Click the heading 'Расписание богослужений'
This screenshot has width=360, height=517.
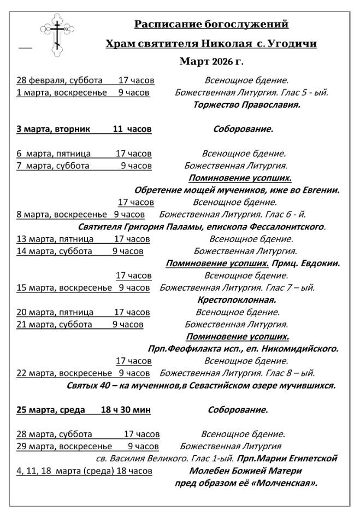[x=211, y=24]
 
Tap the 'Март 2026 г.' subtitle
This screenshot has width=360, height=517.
[x=211, y=61]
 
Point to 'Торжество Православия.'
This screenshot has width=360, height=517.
[x=247, y=104]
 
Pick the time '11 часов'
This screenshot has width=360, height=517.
[x=132, y=130]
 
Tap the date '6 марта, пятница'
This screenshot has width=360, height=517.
[x=54, y=154]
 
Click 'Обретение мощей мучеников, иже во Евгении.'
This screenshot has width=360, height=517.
[x=237, y=190]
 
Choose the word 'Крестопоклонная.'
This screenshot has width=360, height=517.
[x=237, y=299]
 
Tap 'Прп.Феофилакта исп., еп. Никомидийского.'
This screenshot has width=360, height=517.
[x=243, y=348]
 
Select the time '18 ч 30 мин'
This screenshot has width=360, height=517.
[x=126, y=409]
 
